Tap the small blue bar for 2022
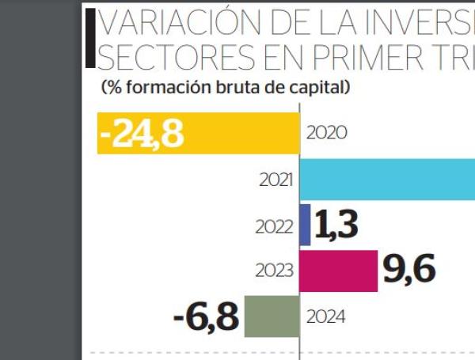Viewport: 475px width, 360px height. pyautogui.click(x=306, y=225)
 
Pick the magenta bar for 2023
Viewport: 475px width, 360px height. pyautogui.click(x=339, y=271)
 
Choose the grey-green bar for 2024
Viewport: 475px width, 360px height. pyautogui.click(x=272, y=316)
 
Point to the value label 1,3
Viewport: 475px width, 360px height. pyautogui.click(x=337, y=225)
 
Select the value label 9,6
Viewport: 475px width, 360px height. pyautogui.click(x=409, y=271)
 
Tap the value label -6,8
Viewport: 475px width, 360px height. pyautogui.click(x=205, y=317)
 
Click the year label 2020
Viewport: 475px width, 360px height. pyautogui.click(x=326, y=133)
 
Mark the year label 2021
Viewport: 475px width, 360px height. pyautogui.click(x=276, y=180)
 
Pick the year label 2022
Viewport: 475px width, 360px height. pyautogui.click(x=276, y=226)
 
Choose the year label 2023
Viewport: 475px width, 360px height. pyautogui.click(x=276, y=271)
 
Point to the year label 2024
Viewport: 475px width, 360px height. pyautogui.click(x=326, y=317)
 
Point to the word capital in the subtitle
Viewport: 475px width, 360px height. pyautogui.click(x=317, y=87)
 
